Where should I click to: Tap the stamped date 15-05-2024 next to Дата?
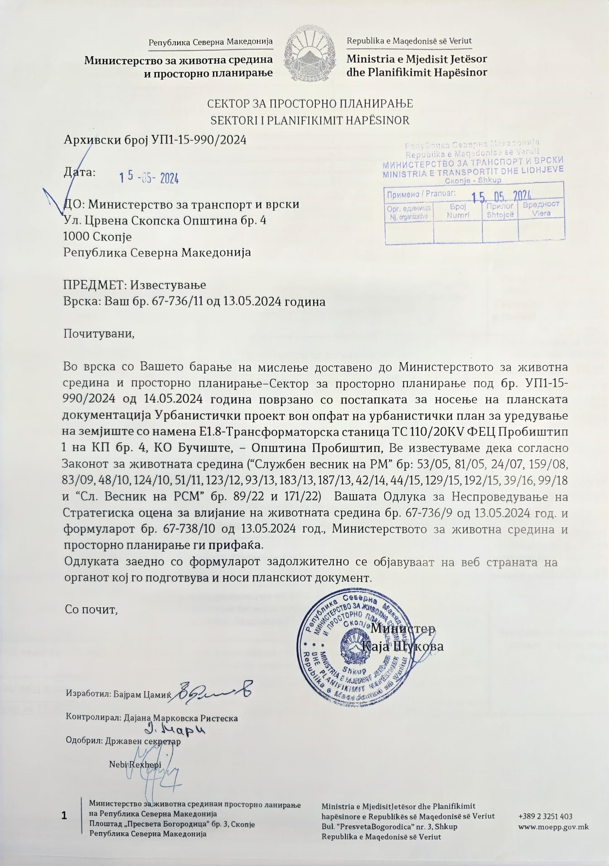click(x=149, y=178)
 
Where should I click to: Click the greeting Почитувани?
click(x=99, y=334)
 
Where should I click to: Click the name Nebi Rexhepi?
click(x=135, y=764)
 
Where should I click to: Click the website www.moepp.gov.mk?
click(x=553, y=827)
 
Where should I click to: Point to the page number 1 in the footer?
click(x=64, y=816)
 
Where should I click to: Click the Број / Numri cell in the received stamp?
click(x=458, y=212)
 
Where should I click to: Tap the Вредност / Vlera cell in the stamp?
click(x=541, y=209)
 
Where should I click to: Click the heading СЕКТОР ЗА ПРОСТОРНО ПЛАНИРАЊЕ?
click(x=310, y=104)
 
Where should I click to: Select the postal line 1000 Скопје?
click(x=97, y=236)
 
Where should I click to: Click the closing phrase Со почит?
click(x=91, y=609)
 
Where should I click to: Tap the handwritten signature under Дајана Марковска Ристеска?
click(x=175, y=730)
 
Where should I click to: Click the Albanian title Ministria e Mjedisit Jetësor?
click(x=417, y=59)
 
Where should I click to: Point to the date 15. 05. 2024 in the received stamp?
click(x=501, y=196)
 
